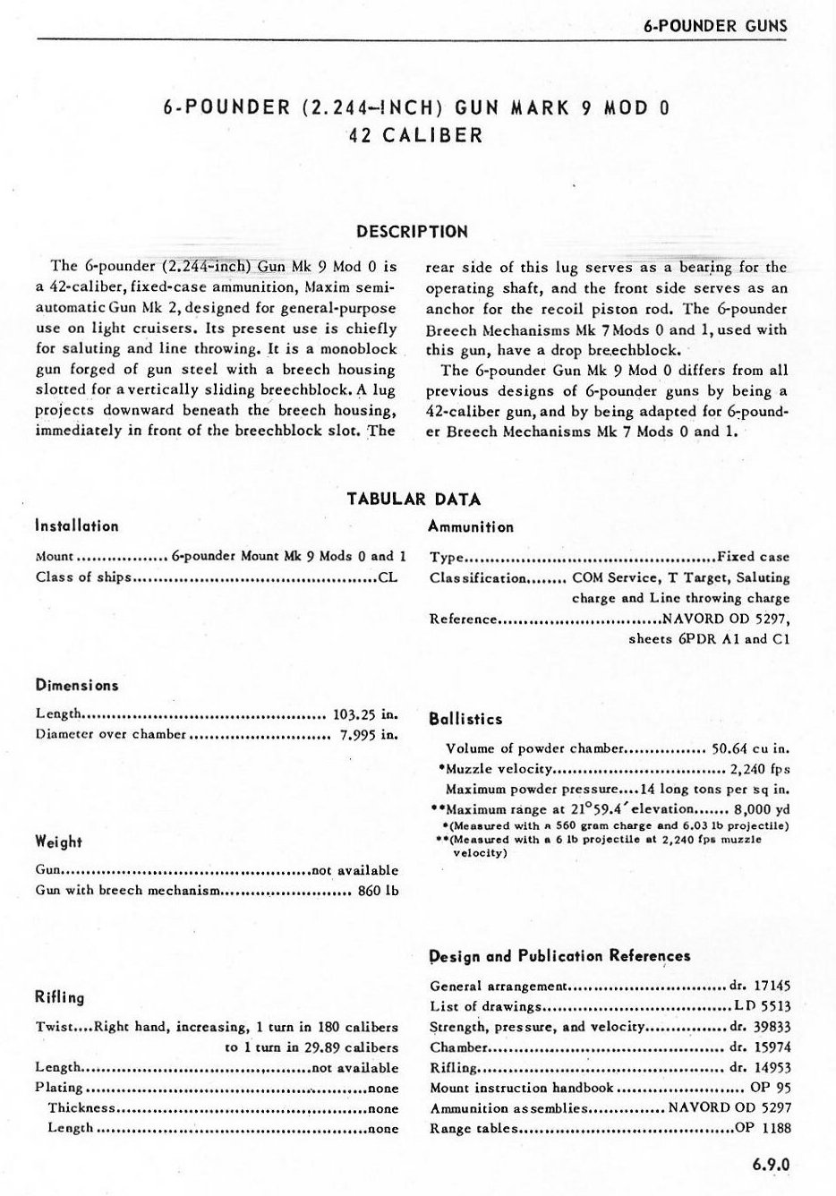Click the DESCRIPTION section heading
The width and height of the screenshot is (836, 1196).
coord(412,231)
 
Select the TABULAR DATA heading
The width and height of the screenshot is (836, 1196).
coord(414,499)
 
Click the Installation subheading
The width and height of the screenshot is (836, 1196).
coord(77,526)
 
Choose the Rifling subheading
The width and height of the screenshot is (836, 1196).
coord(59,997)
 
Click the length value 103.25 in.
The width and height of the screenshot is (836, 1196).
coord(364,714)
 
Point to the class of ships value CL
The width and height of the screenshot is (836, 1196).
coord(388,577)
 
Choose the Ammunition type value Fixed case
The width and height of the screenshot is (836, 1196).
coord(754,557)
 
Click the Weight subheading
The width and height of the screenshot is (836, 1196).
coord(58,842)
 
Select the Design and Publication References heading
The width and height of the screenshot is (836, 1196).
coord(560,955)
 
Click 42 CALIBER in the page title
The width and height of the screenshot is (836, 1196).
coord(416,135)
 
